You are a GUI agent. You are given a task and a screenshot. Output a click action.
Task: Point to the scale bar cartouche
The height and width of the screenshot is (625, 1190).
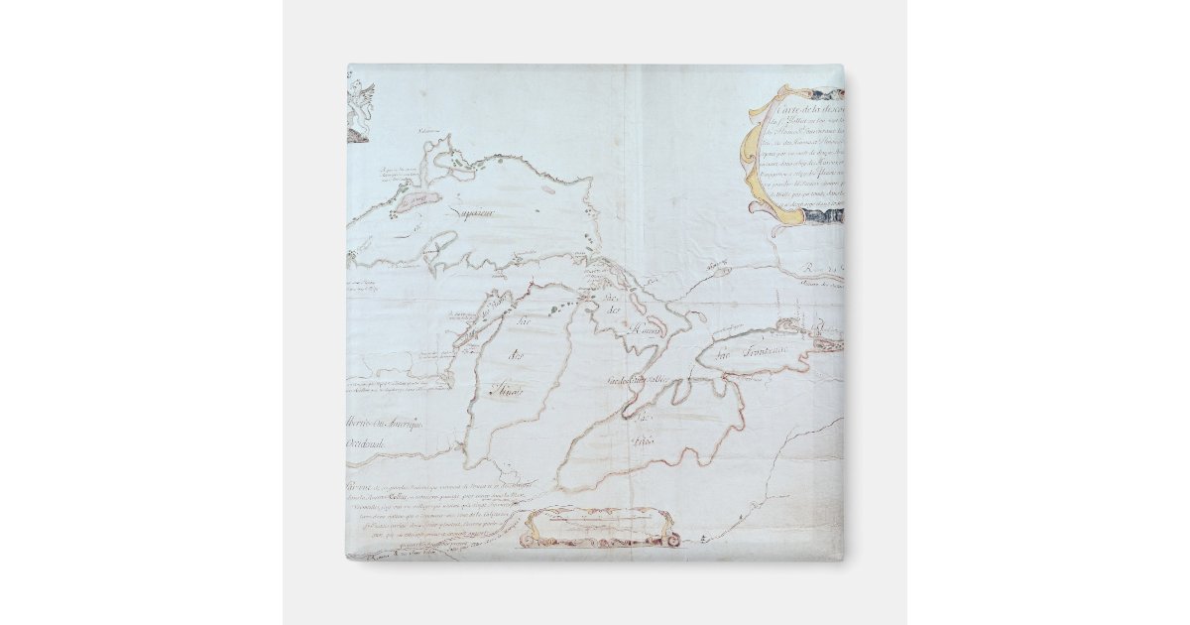[601, 526]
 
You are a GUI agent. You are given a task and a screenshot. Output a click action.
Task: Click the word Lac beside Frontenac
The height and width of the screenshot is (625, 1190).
[725, 354]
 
